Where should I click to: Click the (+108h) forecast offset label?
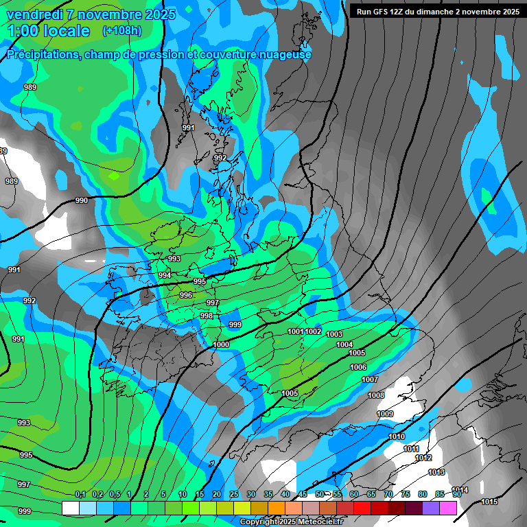122,30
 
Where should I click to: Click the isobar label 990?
82,200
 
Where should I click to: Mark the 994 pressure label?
165,275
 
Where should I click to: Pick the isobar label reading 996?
186,295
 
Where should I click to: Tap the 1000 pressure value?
221,344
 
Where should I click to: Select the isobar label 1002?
314,331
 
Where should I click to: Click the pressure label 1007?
370,379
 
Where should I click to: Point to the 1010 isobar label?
397,436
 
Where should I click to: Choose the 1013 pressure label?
436,472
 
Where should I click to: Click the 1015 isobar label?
489,502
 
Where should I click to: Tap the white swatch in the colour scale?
71,508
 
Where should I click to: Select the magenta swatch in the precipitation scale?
448,508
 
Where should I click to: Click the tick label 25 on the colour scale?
234,494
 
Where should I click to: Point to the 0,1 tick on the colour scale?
80,494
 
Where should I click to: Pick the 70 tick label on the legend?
388,494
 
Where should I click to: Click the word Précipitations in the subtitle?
40,55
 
